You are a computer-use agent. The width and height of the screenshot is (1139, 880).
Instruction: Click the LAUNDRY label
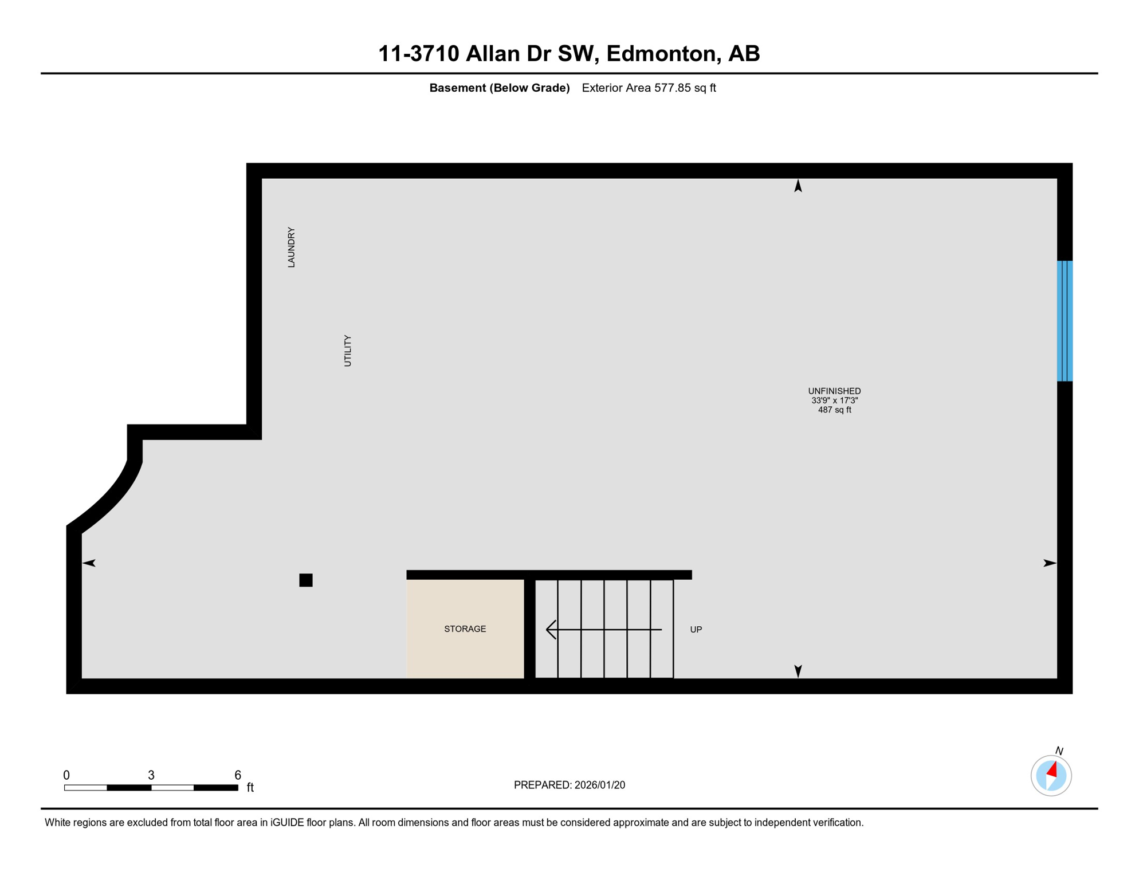click(291, 247)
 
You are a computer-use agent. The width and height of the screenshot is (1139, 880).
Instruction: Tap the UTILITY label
click(347, 351)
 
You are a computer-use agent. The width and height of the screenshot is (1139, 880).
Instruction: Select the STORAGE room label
click(465, 629)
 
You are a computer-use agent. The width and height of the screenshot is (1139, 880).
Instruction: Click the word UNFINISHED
click(834, 391)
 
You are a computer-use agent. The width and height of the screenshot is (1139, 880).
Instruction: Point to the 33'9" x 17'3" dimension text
click(834, 400)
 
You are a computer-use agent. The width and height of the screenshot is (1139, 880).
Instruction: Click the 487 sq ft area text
click(834, 410)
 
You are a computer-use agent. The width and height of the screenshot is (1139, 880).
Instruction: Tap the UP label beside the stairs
click(696, 630)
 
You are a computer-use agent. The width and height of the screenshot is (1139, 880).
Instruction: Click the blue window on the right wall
click(1065, 321)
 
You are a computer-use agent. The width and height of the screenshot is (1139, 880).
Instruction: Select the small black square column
click(306, 580)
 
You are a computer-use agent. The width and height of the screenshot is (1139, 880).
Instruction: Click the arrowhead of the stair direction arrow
click(551, 630)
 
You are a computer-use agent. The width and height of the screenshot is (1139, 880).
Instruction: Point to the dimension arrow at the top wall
click(798, 186)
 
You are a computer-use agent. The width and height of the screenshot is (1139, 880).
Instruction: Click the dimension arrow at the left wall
click(89, 563)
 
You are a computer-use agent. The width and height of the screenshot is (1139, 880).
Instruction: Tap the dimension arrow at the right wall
click(1049, 563)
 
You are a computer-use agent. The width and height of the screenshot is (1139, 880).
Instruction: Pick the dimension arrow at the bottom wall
click(798, 671)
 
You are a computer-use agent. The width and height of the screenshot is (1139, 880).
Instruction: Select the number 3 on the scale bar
click(151, 775)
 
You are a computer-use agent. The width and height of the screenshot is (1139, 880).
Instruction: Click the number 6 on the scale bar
click(238, 775)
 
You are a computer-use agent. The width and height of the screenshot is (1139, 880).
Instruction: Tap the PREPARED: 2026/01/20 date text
click(569, 785)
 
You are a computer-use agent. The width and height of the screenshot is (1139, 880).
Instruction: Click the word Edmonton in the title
click(661, 54)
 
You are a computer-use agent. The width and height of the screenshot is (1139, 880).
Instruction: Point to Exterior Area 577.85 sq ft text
click(649, 88)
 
